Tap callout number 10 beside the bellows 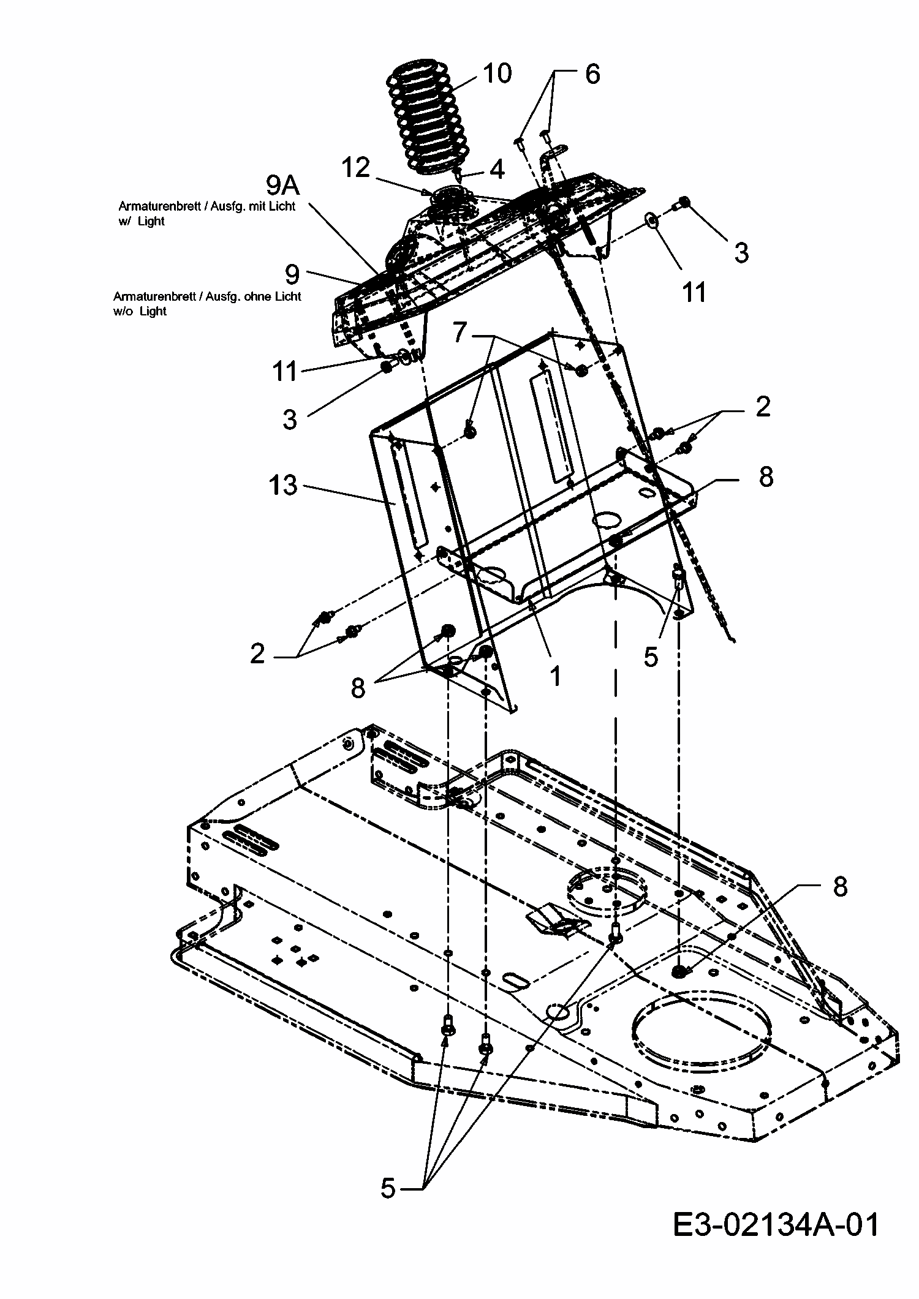click(496, 73)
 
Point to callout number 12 click(355, 167)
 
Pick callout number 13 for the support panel click(282, 486)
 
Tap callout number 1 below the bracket click(555, 676)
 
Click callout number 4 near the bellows click(497, 170)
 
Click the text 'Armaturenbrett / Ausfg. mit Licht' click(206, 207)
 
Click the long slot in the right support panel click(553, 429)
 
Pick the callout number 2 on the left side click(258, 654)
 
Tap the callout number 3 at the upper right click(741, 252)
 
